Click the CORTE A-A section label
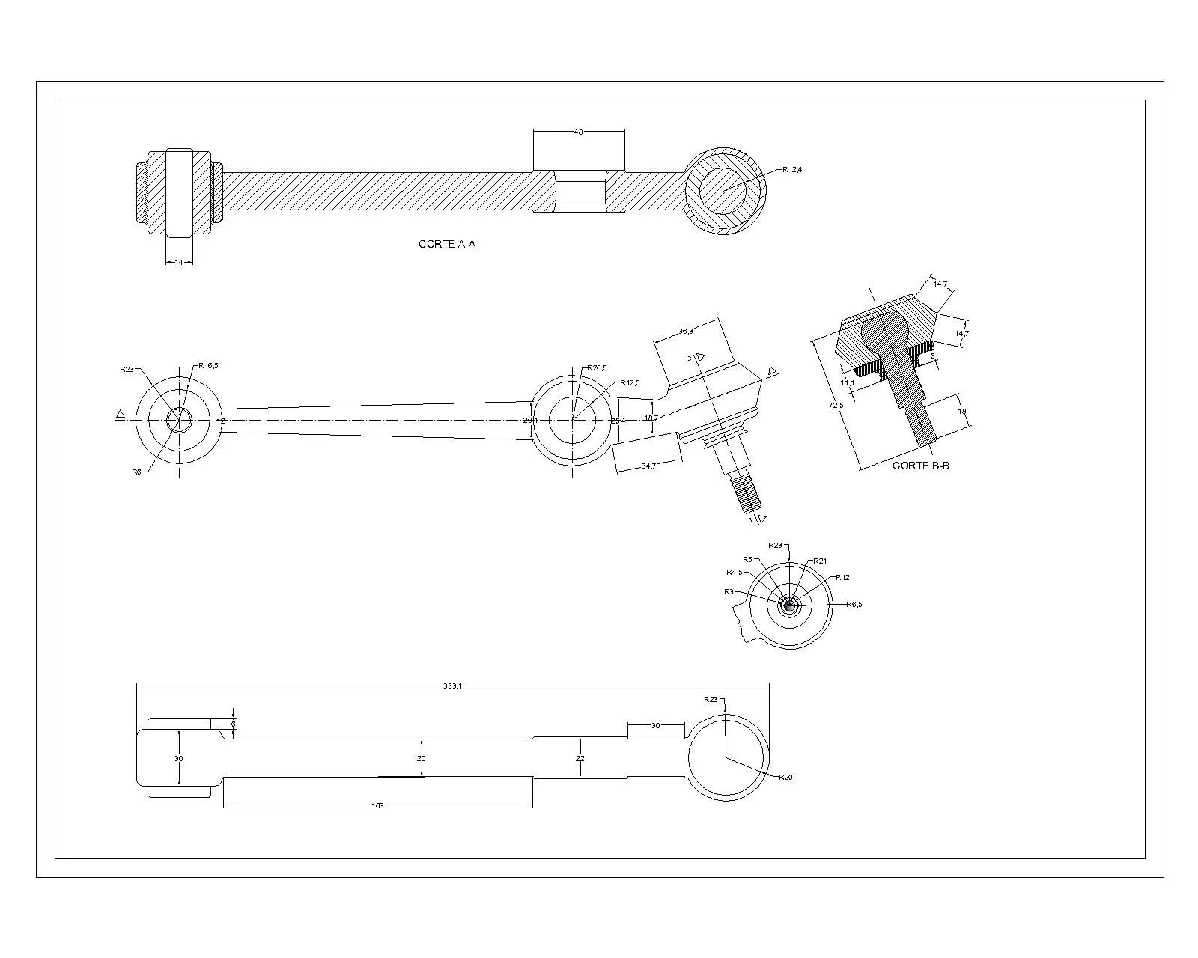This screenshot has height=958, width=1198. point(446,244)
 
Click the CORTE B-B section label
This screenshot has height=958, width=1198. point(920,466)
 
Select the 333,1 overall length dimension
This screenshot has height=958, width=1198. point(452,686)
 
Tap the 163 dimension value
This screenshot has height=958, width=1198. point(378,806)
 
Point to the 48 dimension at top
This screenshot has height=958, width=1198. point(578,132)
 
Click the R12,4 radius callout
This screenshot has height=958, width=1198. point(792,170)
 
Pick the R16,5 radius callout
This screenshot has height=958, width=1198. point(208,366)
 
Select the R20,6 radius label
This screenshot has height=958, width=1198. point(597,367)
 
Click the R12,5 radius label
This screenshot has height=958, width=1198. point(630,383)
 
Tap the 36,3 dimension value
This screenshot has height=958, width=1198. point(685,331)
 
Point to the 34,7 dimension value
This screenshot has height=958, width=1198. point(648,466)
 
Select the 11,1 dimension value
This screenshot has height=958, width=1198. point(847,382)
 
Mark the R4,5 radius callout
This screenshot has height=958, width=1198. point(734,573)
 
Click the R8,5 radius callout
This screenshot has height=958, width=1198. point(854,604)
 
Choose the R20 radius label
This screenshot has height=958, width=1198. point(785,777)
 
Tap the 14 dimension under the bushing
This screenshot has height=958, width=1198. point(178,263)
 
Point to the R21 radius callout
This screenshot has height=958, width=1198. point(820,561)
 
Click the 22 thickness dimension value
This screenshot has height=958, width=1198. point(580,759)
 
